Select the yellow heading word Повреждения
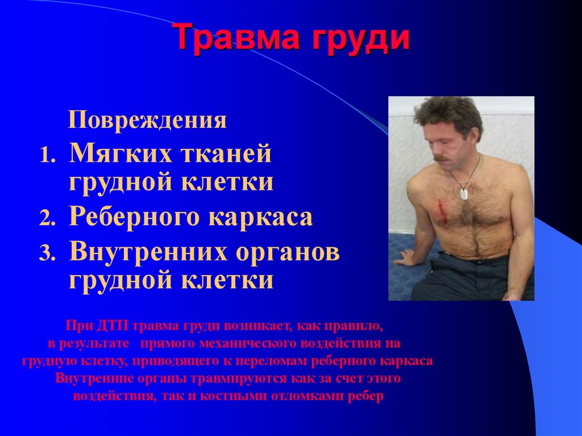pyautogui.click(x=148, y=121)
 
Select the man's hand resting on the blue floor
pyautogui.click(x=405, y=259)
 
